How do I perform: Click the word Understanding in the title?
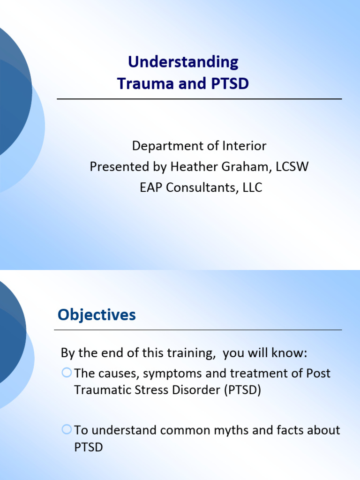183,62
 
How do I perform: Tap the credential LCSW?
292,167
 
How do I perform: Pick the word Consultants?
202,188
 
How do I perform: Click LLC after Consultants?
252,188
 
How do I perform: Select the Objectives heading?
97,315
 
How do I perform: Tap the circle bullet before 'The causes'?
67,373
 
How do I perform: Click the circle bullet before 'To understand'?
67,429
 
